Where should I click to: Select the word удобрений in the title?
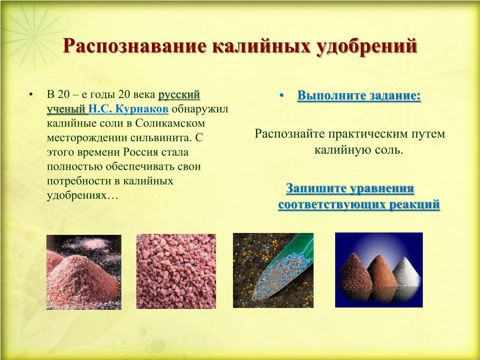(x=367, y=46)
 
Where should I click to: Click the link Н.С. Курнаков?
(x=128, y=109)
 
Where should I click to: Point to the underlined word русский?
(x=179, y=95)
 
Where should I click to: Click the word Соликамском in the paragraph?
(x=170, y=123)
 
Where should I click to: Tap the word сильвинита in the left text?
(x=160, y=137)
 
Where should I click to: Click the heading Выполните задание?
(x=359, y=95)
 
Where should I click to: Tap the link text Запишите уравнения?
(x=350, y=188)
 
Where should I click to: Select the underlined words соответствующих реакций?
(x=359, y=204)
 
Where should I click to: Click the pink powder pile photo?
(x=84, y=272)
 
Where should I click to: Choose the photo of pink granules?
(x=176, y=271)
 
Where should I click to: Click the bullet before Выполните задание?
(x=282, y=95)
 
